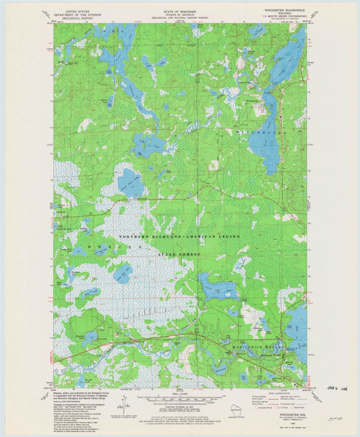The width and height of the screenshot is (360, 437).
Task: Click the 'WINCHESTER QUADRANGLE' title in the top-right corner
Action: (281, 9)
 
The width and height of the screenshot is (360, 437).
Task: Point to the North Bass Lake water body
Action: (130, 183)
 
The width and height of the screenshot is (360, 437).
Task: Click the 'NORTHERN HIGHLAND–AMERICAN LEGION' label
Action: (179, 236)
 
